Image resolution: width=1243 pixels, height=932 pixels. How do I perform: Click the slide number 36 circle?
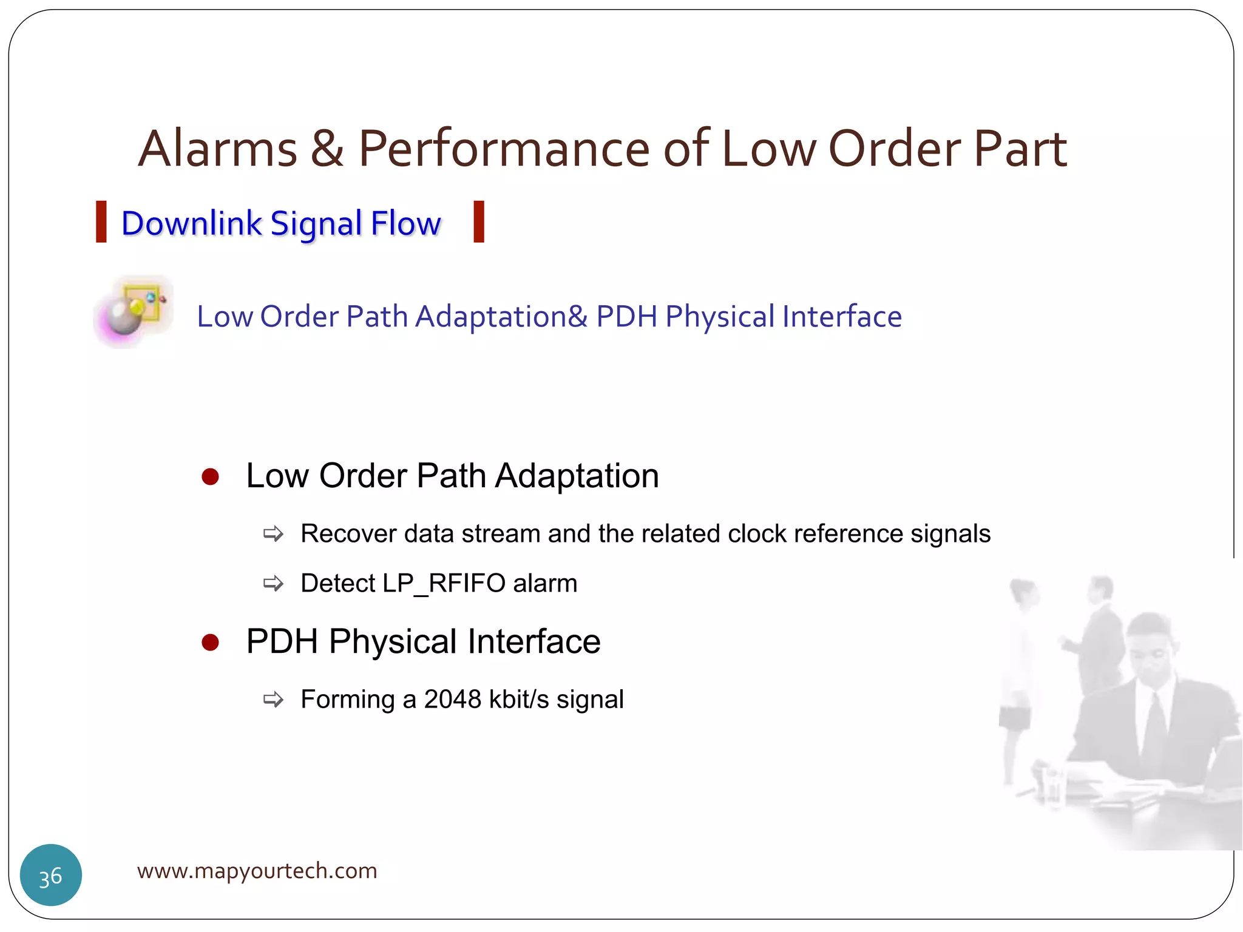click(x=51, y=875)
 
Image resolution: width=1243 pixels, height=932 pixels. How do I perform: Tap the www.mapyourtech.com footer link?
click(x=257, y=871)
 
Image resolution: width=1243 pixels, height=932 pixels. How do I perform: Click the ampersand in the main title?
click(x=327, y=149)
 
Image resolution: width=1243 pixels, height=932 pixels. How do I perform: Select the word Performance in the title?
click(x=504, y=149)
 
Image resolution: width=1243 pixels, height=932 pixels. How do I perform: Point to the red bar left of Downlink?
click(x=101, y=222)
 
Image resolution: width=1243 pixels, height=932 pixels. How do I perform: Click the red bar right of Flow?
click(x=479, y=222)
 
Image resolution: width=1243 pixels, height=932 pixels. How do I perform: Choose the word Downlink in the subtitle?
click(x=191, y=223)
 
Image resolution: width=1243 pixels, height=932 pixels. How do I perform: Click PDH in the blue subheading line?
click(x=626, y=317)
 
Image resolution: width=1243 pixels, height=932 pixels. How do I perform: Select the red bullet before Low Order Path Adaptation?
click(x=210, y=476)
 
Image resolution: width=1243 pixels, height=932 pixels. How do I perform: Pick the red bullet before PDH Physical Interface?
click(x=210, y=642)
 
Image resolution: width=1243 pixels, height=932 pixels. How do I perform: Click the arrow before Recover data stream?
click(x=273, y=534)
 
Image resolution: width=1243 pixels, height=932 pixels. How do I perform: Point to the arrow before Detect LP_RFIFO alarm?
click(x=273, y=584)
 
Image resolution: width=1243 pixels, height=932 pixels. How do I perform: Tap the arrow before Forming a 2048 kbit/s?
click(x=273, y=700)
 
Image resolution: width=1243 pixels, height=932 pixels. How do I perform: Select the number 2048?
click(x=452, y=700)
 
